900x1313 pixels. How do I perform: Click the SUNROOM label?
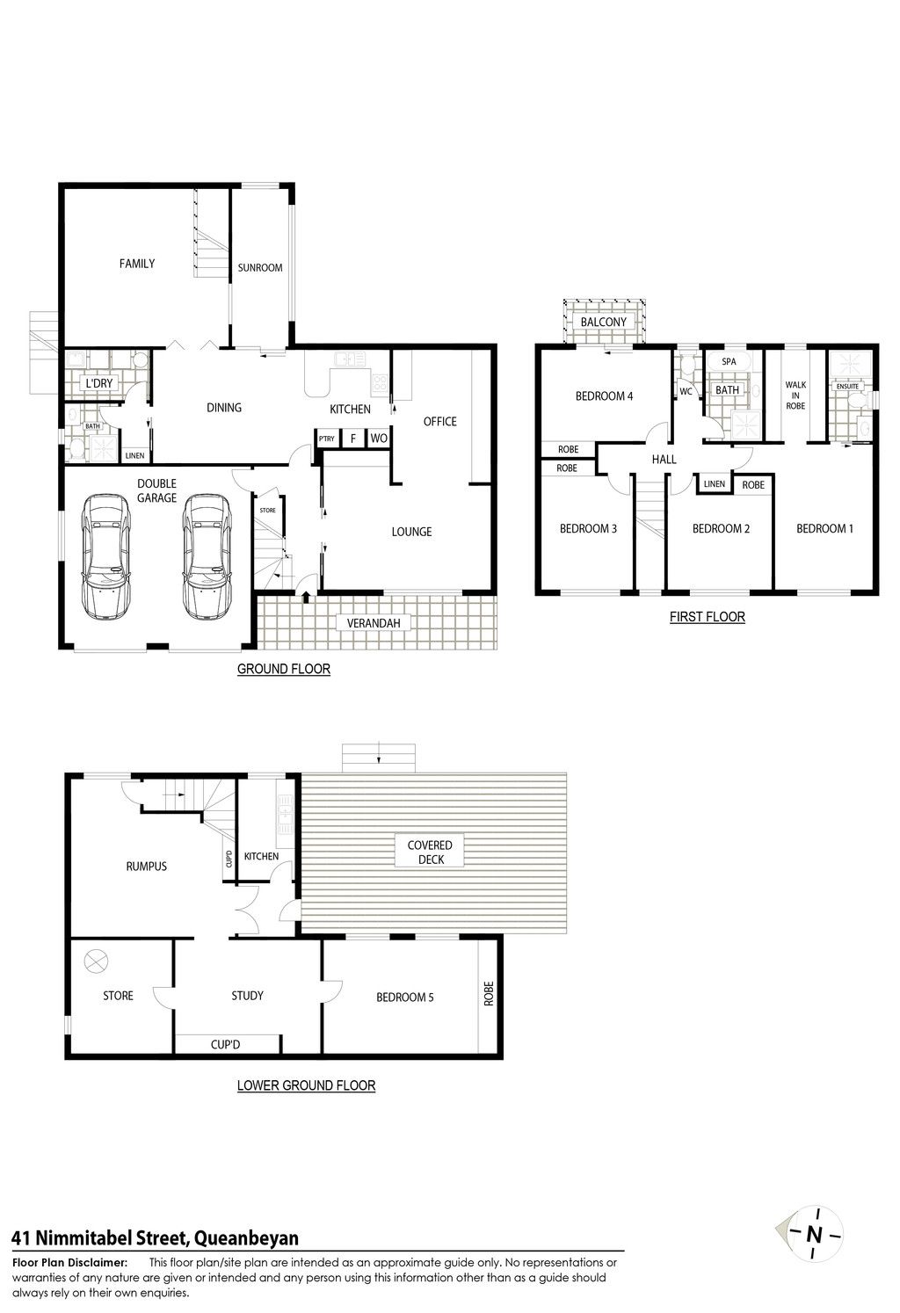(260, 267)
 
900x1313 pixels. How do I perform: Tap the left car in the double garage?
(106, 556)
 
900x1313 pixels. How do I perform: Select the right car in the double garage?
(207, 556)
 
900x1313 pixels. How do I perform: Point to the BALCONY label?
(603, 322)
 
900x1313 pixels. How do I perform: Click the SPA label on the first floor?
(729, 361)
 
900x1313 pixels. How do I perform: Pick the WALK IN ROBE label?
(795, 395)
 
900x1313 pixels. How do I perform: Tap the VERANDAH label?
(374, 623)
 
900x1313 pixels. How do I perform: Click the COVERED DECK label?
(430, 852)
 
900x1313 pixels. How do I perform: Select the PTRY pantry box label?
(327, 439)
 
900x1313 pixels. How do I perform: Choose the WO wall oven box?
(379, 438)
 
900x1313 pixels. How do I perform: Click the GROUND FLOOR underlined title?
(284, 669)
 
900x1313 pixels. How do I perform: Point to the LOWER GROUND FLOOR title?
(306, 1085)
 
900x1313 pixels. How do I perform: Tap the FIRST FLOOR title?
(708, 617)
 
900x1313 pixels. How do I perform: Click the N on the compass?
(814, 1235)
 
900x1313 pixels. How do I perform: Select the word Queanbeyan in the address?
(246, 1238)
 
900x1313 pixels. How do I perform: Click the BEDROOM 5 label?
(405, 997)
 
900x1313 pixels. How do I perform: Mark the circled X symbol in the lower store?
(96, 961)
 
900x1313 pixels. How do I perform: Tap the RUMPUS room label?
(147, 866)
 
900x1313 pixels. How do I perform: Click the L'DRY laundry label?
(99, 383)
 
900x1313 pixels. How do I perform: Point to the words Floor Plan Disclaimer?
(69, 1263)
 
